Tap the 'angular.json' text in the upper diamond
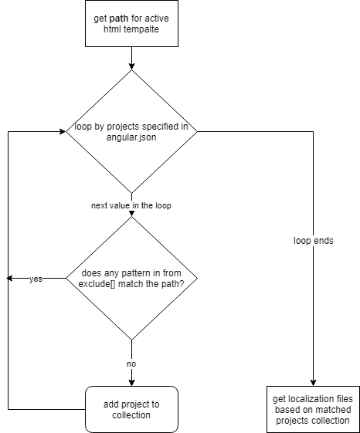pyautogui.click(x=131, y=137)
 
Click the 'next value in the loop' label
pyautogui.click(x=131, y=206)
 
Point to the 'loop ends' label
pyautogui.click(x=314, y=240)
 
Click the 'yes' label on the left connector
pyautogui.click(x=36, y=279)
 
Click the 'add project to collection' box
pyautogui.click(x=131, y=409)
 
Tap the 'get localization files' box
pyautogui.click(x=312, y=409)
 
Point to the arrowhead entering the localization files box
pyautogui.click(x=313, y=381)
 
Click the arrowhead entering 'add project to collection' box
pyautogui.click(x=131, y=381)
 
